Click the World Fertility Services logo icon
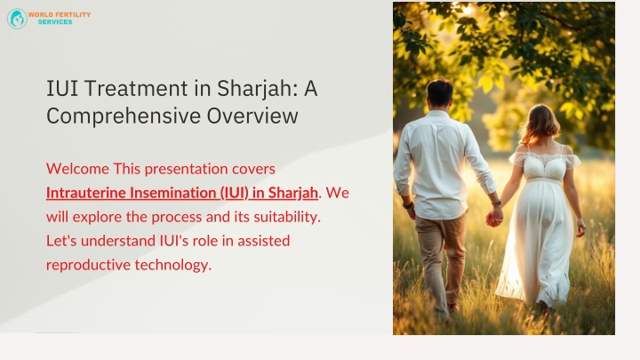coord(17,19)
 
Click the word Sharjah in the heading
coord(262,88)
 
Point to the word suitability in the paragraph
coord(280,216)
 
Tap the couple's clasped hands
coord(494,215)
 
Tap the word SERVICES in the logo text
coord(55,22)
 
